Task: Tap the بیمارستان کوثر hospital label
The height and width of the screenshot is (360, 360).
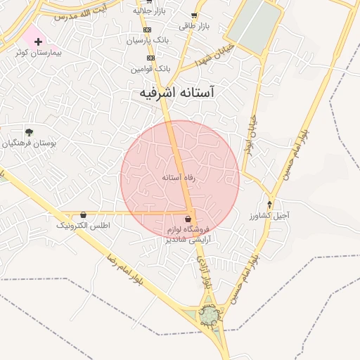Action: point(41,53)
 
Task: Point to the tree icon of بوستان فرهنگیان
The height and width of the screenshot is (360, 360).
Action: point(29,132)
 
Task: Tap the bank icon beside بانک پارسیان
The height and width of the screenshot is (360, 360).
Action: point(147,30)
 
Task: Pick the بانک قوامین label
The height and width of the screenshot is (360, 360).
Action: point(150,69)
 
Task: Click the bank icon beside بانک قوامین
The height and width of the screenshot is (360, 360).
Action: point(150,58)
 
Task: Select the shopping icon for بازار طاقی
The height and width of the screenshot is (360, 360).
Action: point(194,15)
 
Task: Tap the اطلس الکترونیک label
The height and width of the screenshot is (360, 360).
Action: point(84,225)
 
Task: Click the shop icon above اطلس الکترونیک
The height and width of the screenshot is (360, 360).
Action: point(84,214)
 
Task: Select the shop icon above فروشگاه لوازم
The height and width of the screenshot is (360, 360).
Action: point(188,219)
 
